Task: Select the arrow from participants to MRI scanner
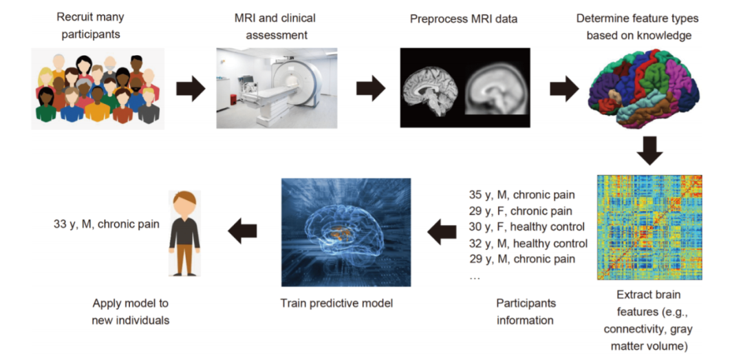pyautogui.click(x=191, y=88)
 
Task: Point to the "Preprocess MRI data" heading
pyautogui.click(x=463, y=19)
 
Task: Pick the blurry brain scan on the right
pyautogui.click(x=495, y=89)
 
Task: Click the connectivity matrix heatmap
pyautogui.click(x=649, y=226)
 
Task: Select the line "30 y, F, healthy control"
pyautogui.click(x=522, y=226)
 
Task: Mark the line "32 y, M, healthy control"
pyautogui.click(x=524, y=243)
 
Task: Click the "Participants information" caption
pyautogui.click(x=526, y=311)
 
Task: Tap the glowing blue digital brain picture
pyautogui.click(x=346, y=232)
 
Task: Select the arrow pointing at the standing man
pyautogui.click(x=242, y=232)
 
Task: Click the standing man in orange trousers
pyautogui.click(x=184, y=232)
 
